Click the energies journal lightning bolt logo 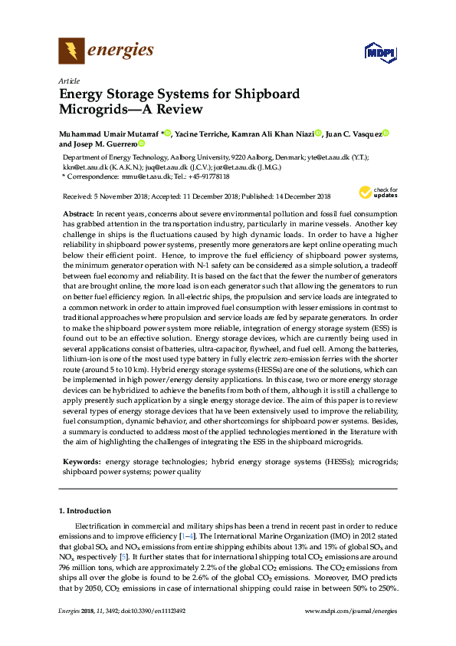[x=72, y=51]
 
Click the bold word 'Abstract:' [x=77, y=212]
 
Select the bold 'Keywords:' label [x=82, y=462]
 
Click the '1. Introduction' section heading [x=86, y=509]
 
